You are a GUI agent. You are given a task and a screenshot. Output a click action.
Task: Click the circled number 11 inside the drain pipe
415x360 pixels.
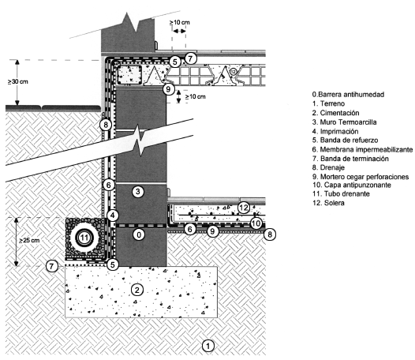coord(84,237)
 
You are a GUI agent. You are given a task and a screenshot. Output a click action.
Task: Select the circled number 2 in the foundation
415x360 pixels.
coord(136,290)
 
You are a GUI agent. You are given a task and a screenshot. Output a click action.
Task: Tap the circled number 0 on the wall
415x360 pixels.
coord(139,234)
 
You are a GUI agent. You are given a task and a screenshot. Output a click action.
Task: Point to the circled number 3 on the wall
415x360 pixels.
coord(138,192)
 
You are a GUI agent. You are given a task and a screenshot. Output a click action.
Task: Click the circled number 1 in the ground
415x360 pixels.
coord(208,346)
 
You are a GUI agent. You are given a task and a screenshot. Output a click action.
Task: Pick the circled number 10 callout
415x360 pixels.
coord(256,223)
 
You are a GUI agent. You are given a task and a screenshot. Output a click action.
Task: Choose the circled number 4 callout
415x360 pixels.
coord(113,215)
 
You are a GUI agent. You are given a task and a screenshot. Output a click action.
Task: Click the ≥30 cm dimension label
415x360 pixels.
coord(17,81)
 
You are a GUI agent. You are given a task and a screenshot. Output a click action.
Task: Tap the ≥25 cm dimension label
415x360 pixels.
coord(29,240)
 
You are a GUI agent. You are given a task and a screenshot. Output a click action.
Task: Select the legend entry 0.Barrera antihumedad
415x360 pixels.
coord(348,95)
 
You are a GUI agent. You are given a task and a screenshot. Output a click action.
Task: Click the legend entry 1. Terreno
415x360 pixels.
coord(328,103)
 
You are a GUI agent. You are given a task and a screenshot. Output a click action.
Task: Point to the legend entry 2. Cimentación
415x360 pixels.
coord(335,113)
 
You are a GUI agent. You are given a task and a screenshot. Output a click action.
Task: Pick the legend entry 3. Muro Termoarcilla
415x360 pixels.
coord(344,122)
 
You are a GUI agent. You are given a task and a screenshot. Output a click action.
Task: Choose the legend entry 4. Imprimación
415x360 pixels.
coord(335,131)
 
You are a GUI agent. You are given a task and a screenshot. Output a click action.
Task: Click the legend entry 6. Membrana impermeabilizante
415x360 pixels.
coord(362,150)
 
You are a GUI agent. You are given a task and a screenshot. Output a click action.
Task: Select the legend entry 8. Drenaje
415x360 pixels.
coord(328,167)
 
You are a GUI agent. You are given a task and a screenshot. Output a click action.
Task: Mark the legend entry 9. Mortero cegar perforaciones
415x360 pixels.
coord(361,177)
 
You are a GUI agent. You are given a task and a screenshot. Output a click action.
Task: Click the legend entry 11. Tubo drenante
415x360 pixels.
coord(341,193)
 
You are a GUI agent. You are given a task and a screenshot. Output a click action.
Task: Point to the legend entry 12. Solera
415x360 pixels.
coord(328,203)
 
